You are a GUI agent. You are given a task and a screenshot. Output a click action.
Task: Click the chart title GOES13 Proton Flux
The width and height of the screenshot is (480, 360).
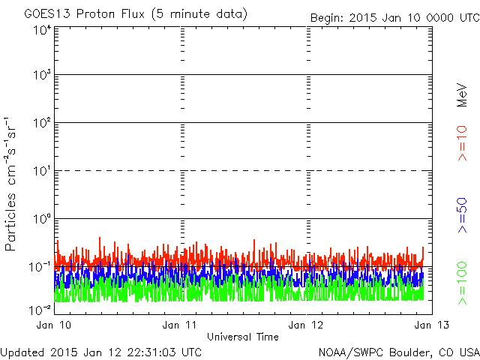point(84,14)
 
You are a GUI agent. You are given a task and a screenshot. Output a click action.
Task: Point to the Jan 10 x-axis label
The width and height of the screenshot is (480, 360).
point(53,325)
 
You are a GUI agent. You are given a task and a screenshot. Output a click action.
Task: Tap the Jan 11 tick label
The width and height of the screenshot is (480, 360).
point(179,325)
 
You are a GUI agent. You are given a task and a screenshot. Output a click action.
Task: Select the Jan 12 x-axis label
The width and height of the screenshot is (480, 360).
point(305,325)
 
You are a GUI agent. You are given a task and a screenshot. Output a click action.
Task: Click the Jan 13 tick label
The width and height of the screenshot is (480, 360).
point(432,325)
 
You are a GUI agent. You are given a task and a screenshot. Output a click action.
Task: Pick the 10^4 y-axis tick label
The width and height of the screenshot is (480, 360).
point(42,31)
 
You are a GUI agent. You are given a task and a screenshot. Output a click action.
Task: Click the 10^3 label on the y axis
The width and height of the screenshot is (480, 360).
point(42,74)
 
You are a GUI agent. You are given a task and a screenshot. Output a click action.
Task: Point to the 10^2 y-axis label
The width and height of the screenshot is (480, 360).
point(42,122)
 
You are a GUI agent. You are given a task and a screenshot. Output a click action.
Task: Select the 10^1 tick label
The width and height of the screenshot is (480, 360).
point(42,170)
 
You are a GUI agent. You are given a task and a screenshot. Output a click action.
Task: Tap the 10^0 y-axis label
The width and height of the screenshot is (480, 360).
point(42,218)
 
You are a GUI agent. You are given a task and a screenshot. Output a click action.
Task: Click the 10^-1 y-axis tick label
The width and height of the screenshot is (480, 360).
point(40,267)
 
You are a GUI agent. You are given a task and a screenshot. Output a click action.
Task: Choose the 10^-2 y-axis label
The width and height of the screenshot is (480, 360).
point(40,310)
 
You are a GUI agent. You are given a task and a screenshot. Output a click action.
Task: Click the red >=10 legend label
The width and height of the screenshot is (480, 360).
point(462,143)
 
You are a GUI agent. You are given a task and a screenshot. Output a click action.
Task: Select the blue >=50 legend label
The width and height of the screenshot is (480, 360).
point(462,215)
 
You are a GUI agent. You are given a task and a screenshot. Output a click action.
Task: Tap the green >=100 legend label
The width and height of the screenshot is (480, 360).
point(462,283)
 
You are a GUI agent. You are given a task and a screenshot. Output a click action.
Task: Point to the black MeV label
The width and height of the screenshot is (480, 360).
point(462,95)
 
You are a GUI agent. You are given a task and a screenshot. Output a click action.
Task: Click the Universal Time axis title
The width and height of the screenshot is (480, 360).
point(243,337)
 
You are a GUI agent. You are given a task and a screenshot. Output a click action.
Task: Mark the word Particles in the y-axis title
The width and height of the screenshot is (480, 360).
point(10,222)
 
